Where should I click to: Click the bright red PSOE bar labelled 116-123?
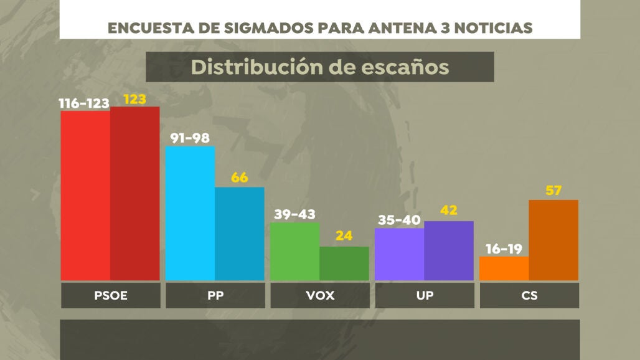[x=85, y=196]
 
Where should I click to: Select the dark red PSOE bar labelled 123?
[x=135, y=194]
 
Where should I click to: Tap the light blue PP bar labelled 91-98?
[x=190, y=214]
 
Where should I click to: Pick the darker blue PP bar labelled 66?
[x=240, y=234]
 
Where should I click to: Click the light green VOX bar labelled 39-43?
[x=294, y=251]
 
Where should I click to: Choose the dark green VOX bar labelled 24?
[x=344, y=263]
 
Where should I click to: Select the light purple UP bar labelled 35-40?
[x=399, y=254]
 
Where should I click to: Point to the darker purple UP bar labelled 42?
[x=449, y=250]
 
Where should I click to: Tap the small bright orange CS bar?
[x=504, y=268]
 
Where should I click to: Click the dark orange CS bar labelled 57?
[x=553, y=240]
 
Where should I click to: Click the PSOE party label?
[x=110, y=296]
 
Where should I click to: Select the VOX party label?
[x=320, y=296]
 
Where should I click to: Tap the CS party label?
[x=529, y=296]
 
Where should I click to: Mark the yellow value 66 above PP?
[x=240, y=178]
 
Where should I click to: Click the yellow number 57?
[x=553, y=191]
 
